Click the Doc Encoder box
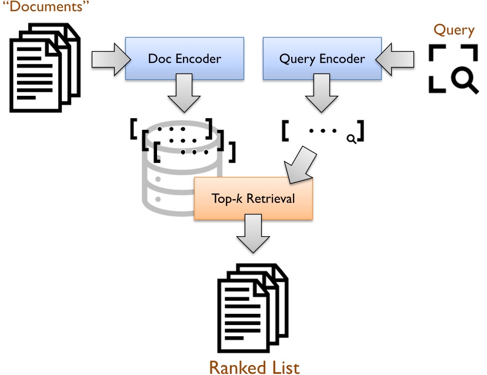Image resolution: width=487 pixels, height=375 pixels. [184, 59]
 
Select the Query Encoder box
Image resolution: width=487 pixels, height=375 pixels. [322, 59]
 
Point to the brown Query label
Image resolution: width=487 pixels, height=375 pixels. [453, 29]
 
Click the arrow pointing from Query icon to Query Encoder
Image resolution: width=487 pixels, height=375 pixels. [396, 58]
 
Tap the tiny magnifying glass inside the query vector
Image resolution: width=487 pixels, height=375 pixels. [351, 139]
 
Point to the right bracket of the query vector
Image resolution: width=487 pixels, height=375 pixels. [361, 131]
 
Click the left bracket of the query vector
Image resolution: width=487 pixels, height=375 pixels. [285, 131]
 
